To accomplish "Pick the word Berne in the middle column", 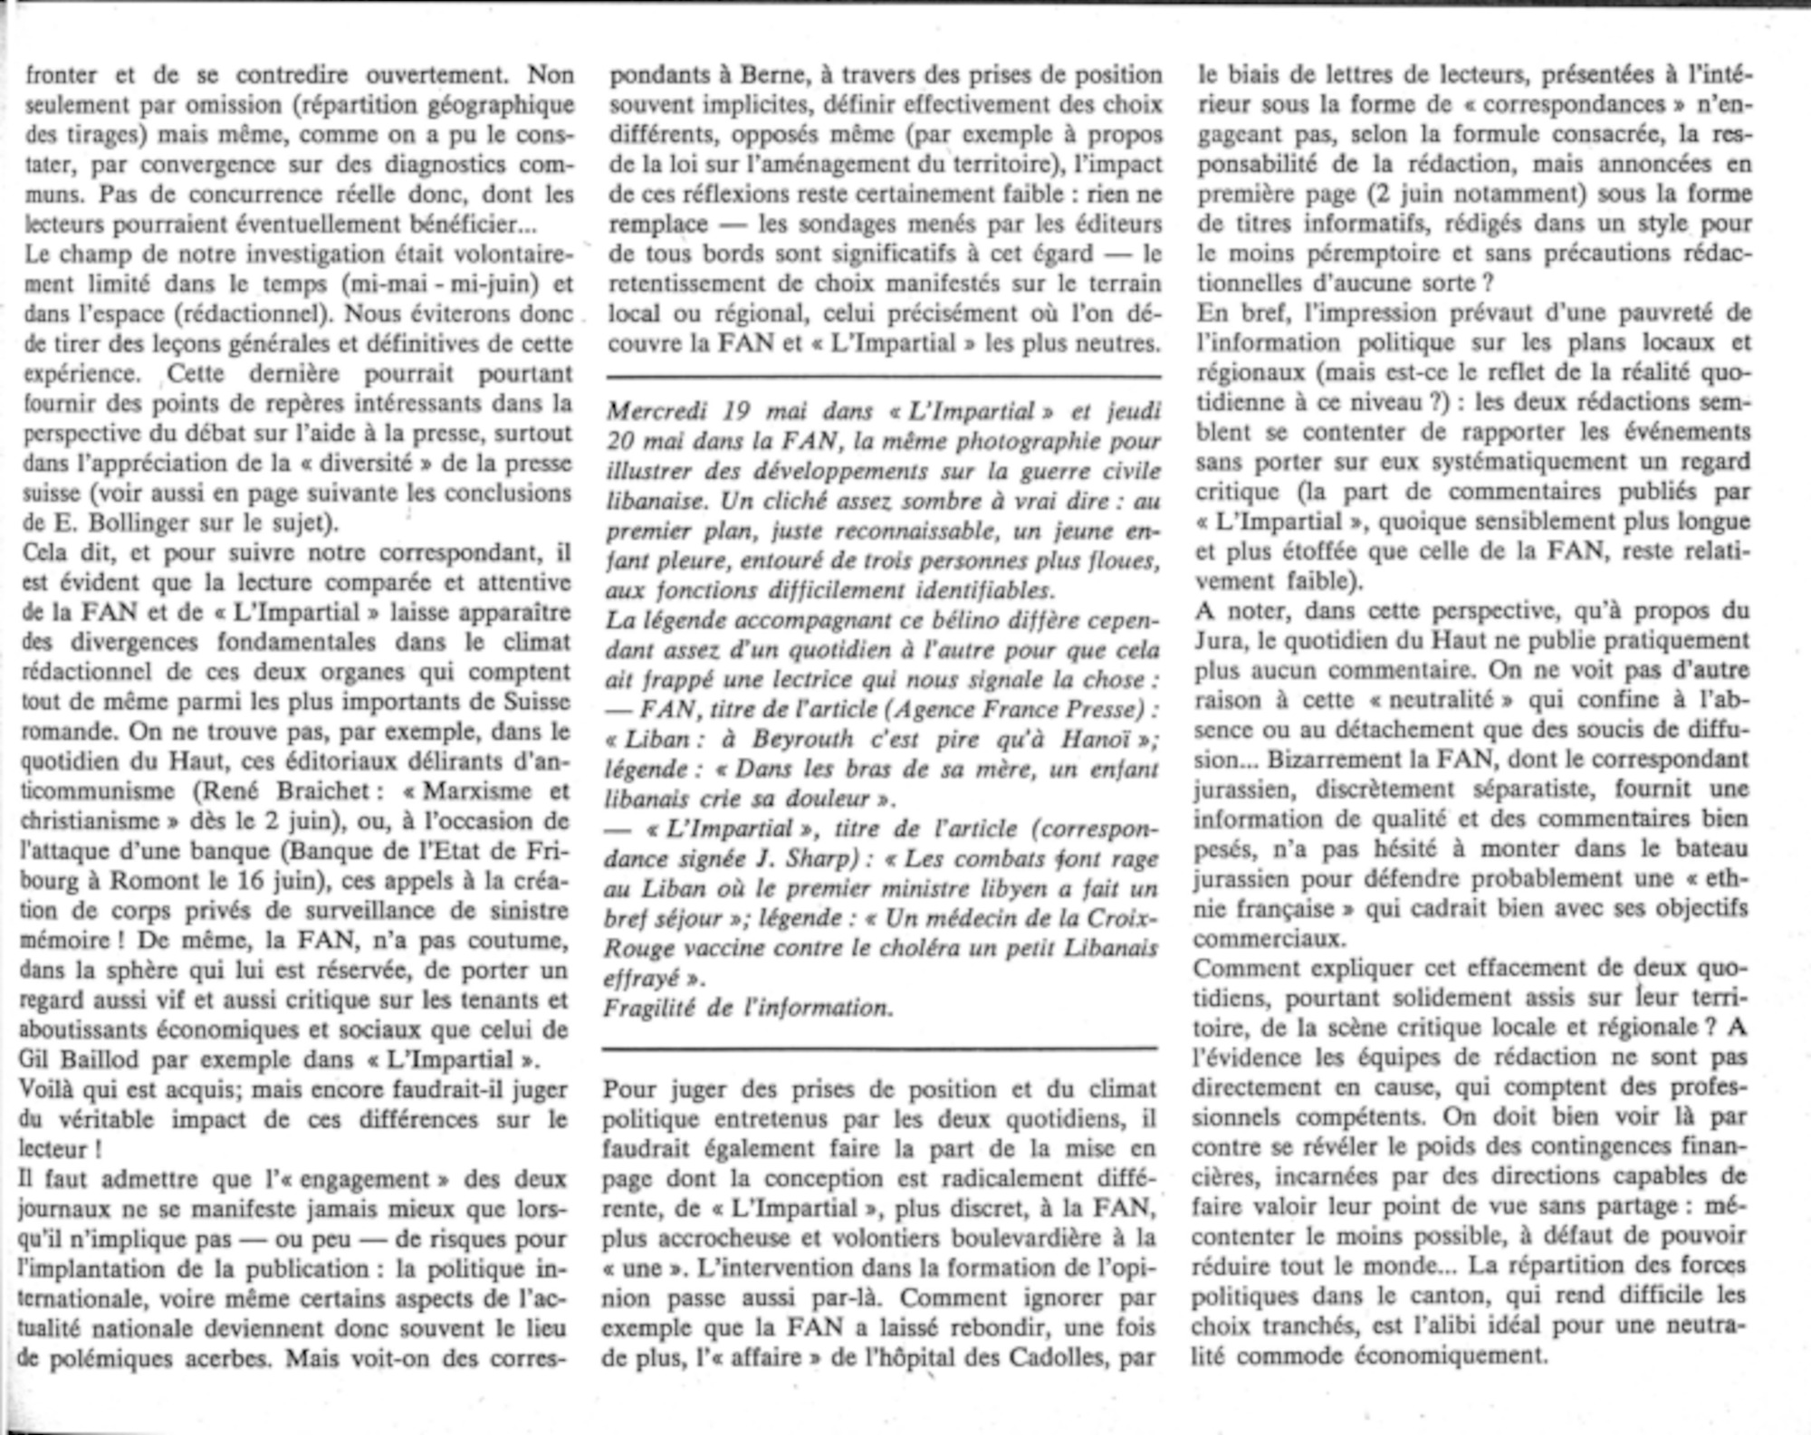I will [761, 75].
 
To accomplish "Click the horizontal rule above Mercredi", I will [883, 376].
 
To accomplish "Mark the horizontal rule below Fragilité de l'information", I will [879, 1048].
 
